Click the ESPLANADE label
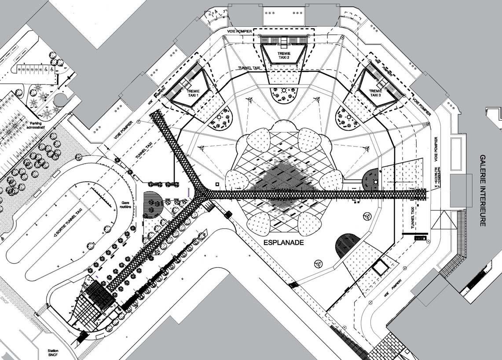(x=284, y=242)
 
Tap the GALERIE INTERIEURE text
(x=483, y=190)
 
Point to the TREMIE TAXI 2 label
(x=284, y=55)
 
